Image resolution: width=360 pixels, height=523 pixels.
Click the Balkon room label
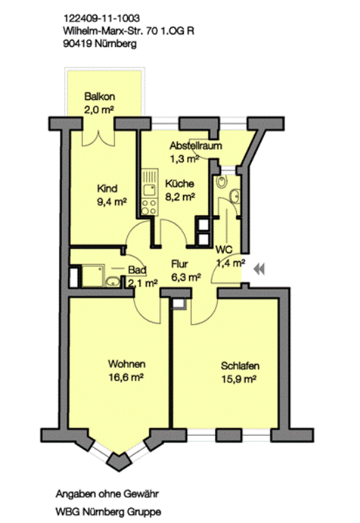[99, 97]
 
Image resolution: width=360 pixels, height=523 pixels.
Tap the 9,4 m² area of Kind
[112, 202]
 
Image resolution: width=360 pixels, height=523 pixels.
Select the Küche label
[180, 183]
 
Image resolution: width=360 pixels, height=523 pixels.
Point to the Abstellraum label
[196, 146]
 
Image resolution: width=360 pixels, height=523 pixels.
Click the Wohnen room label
[127, 364]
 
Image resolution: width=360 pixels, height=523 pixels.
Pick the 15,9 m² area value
[239, 379]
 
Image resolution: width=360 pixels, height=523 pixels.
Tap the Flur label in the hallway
[180, 264]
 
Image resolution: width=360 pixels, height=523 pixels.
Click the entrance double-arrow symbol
[259, 269]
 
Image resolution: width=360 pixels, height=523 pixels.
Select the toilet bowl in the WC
[221, 182]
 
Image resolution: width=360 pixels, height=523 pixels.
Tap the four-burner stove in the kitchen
[149, 207]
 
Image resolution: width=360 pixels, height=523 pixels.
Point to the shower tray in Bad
[93, 276]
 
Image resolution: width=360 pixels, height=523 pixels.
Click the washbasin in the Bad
[113, 281]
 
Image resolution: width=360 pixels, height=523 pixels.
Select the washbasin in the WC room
[235, 195]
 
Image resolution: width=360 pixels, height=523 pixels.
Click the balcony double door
[99, 138]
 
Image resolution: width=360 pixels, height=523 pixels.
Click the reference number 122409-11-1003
[101, 18]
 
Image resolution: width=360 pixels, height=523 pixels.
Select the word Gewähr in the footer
[141, 494]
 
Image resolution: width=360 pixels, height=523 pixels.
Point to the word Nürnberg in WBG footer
[105, 511]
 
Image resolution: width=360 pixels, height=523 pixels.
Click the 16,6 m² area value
[126, 377]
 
